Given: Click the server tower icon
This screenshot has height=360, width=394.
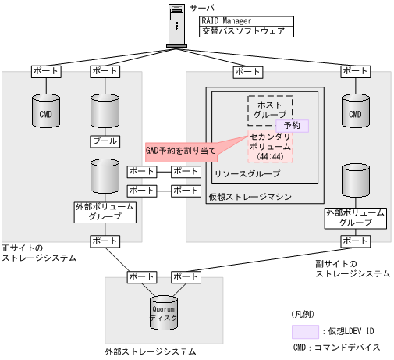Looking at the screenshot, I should tap(176, 25).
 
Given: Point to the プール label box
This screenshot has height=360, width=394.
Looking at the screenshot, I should tap(105, 141).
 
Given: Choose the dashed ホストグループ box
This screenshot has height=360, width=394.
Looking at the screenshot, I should tap(270, 109).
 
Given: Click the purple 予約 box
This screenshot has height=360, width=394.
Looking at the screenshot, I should tap(292, 125).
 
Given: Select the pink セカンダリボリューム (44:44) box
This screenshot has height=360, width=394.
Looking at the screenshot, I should tap(270, 146).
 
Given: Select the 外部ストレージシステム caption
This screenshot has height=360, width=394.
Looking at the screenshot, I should tap(150, 351).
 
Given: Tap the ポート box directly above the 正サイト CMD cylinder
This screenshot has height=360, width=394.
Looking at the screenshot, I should tap(45, 72).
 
